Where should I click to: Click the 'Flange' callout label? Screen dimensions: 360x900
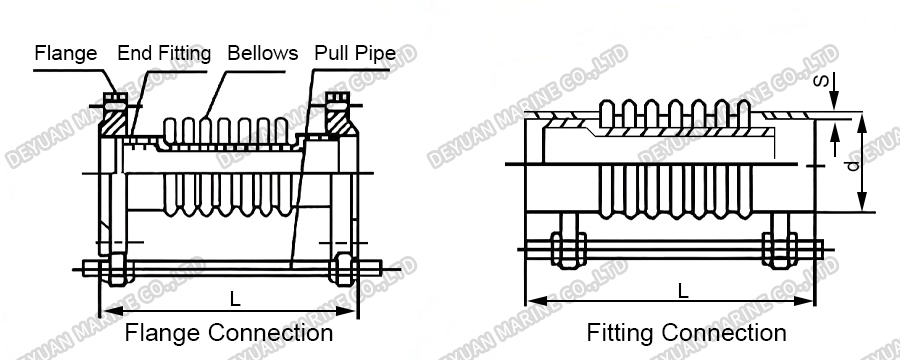[x=66, y=53]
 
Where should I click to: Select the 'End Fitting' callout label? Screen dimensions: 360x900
[x=164, y=53]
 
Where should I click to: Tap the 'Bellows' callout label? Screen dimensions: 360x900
[x=262, y=53]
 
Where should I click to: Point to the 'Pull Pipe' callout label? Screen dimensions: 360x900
[x=355, y=53]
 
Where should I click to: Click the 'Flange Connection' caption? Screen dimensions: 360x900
[x=228, y=332]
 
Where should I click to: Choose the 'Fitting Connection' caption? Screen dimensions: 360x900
[x=686, y=332]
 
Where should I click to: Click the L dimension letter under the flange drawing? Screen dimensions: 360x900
[x=234, y=297]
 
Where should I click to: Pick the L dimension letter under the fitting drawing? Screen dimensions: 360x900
[x=683, y=290]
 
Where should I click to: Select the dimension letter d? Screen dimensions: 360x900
[x=851, y=165]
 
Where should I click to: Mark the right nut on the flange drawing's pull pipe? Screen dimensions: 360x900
[x=343, y=268]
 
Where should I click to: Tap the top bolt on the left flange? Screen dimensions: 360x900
[x=113, y=101]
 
